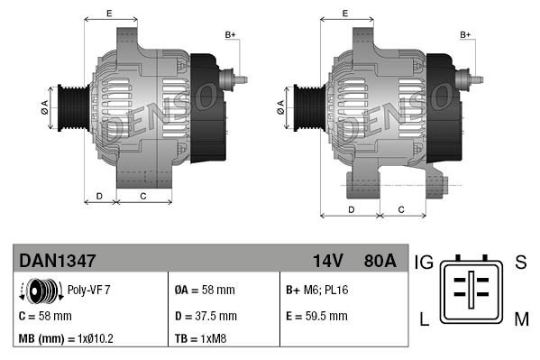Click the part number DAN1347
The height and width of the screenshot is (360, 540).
point(58,261)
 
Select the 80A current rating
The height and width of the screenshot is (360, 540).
point(378,261)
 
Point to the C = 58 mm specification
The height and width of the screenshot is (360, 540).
point(45,316)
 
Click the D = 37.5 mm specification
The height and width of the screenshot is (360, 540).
point(206,316)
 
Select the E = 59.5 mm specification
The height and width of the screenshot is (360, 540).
point(316,316)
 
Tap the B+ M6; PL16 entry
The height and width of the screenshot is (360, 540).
point(316,291)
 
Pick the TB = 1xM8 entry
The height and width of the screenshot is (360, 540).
point(199,339)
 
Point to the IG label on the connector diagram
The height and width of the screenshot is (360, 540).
point(425,263)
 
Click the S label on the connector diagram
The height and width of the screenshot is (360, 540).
point(520,263)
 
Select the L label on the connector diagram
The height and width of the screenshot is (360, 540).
point(423,317)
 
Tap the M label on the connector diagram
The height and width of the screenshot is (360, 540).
point(521,317)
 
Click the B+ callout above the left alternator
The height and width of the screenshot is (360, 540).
point(231,35)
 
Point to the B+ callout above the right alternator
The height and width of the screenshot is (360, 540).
point(466,35)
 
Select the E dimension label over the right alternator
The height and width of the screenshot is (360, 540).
point(346,13)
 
